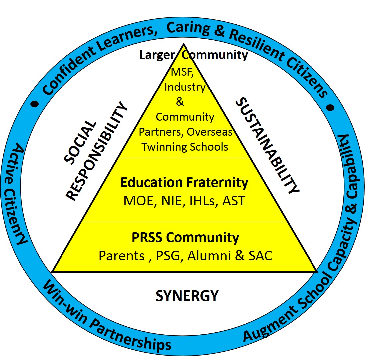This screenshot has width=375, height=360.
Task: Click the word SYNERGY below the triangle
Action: point(187,296)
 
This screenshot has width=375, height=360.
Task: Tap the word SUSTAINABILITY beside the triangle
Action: point(268,146)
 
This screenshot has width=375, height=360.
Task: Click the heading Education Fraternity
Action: point(184,183)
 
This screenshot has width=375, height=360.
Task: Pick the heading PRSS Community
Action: point(185,238)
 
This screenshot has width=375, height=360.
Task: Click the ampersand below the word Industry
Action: point(180,102)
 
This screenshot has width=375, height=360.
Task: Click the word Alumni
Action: point(212,255)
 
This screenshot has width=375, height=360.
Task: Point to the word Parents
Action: point(121,255)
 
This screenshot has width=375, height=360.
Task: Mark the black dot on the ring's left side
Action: point(35,104)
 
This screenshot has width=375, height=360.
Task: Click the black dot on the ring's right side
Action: point(330,108)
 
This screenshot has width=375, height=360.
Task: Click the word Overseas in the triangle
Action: point(210,132)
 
